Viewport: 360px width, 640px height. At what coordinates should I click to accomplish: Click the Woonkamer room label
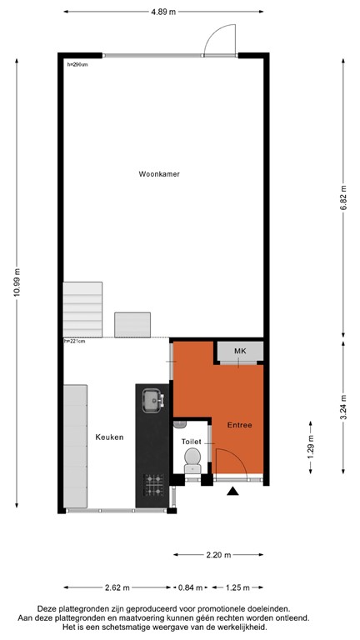click(159, 174)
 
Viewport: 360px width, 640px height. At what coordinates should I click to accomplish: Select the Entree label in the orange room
click(240, 425)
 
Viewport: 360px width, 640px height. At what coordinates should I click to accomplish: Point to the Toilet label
click(192, 442)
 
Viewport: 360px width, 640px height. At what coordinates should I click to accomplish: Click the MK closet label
click(240, 351)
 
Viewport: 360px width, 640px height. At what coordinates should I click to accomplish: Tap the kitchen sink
click(152, 402)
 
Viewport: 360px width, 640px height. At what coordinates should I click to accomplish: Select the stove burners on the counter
click(153, 483)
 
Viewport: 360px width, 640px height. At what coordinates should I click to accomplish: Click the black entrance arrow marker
click(232, 492)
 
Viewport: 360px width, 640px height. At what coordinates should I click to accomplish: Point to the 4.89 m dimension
click(162, 12)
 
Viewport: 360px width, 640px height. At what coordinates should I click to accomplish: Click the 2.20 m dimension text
click(219, 554)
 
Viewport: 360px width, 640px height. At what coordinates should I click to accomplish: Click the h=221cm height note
click(75, 341)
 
